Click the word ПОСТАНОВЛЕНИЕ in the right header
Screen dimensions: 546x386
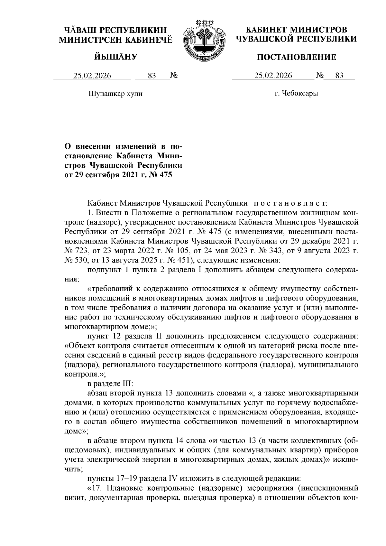(x=296, y=57)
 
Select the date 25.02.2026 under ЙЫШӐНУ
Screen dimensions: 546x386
(x=92, y=76)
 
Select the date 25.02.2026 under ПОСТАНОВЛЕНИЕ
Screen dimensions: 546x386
(x=273, y=76)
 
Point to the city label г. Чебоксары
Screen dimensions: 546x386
(x=296, y=94)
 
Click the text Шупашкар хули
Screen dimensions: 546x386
(x=115, y=94)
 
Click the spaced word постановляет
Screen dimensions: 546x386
(x=290, y=203)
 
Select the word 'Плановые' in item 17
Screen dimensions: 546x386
(x=122, y=488)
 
